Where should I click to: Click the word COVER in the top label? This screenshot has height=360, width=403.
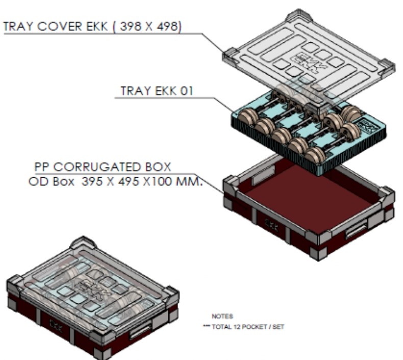[x=60, y=27]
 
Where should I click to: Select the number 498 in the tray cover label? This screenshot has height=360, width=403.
[x=167, y=27]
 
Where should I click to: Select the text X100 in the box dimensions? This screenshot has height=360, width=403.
[x=157, y=182]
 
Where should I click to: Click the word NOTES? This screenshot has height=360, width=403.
[x=222, y=316]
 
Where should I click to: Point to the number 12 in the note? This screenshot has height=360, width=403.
[x=237, y=327]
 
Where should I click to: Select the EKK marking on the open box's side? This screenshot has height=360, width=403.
[x=271, y=225]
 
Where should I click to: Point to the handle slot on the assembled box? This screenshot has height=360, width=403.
[x=140, y=331]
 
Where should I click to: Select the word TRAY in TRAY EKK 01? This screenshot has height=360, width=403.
[x=136, y=91]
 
